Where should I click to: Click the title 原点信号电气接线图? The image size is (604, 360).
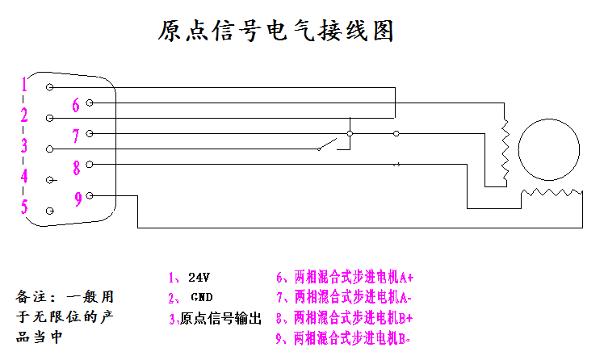[x=275, y=31]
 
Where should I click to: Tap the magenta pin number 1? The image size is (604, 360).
[x=25, y=85]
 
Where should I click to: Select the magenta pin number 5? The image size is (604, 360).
[x=24, y=207]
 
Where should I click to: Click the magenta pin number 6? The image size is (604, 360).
[x=76, y=105]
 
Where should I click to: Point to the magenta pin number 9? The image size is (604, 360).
[x=78, y=199]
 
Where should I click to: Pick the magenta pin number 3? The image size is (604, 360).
[x=24, y=146]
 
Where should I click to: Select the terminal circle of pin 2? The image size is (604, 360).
[x=51, y=118]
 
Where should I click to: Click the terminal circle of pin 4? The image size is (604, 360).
[x=51, y=179]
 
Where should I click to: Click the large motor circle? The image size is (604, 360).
[x=549, y=150]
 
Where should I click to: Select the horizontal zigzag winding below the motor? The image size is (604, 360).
[x=552, y=193]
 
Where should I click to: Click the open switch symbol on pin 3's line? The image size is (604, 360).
[x=327, y=145]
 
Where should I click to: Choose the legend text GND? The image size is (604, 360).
[x=201, y=297]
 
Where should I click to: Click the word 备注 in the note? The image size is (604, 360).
[x=29, y=296]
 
